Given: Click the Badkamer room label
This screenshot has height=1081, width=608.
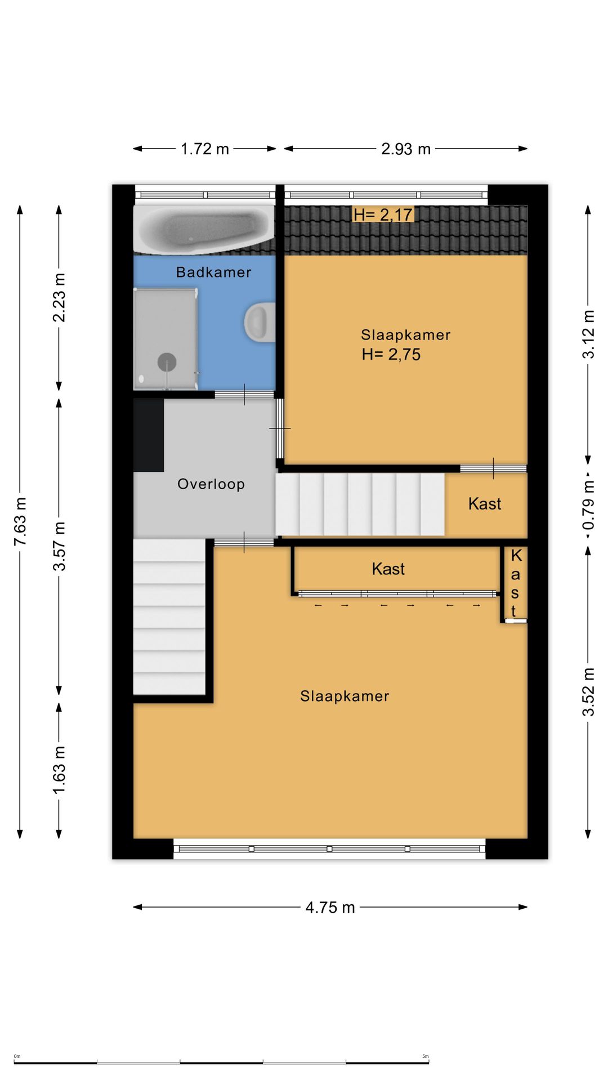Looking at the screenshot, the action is [x=213, y=273].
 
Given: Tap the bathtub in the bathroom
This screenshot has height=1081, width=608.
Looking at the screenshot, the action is [x=204, y=228].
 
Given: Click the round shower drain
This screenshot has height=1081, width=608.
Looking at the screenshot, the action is [x=167, y=362].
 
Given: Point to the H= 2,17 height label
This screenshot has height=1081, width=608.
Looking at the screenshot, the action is [x=383, y=215].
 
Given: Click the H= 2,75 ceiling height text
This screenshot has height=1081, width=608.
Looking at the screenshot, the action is [x=391, y=354].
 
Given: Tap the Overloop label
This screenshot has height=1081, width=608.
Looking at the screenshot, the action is [x=211, y=484].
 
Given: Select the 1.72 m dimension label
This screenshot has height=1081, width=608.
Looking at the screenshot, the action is [x=205, y=149].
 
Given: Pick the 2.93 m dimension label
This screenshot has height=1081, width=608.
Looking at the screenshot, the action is [x=406, y=149].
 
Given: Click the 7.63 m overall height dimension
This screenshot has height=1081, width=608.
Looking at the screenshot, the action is [x=20, y=521].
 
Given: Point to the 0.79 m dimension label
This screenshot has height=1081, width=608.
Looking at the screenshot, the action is [x=588, y=504].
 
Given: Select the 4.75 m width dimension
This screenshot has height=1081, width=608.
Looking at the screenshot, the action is [x=330, y=907].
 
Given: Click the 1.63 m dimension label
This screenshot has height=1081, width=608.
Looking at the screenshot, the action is [x=59, y=770].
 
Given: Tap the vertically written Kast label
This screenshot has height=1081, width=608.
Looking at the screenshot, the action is [x=515, y=583].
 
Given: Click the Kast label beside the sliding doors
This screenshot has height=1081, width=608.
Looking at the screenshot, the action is [x=388, y=569].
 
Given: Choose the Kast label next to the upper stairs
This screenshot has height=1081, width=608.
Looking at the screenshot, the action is [x=485, y=503].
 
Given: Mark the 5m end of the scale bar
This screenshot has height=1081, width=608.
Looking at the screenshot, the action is [x=429, y=1062].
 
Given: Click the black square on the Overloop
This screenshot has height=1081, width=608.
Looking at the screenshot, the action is [x=149, y=435].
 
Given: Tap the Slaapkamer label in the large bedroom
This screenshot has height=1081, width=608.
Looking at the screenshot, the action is [x=345, y=696].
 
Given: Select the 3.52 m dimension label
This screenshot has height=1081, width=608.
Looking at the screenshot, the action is [x=588, y=692].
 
